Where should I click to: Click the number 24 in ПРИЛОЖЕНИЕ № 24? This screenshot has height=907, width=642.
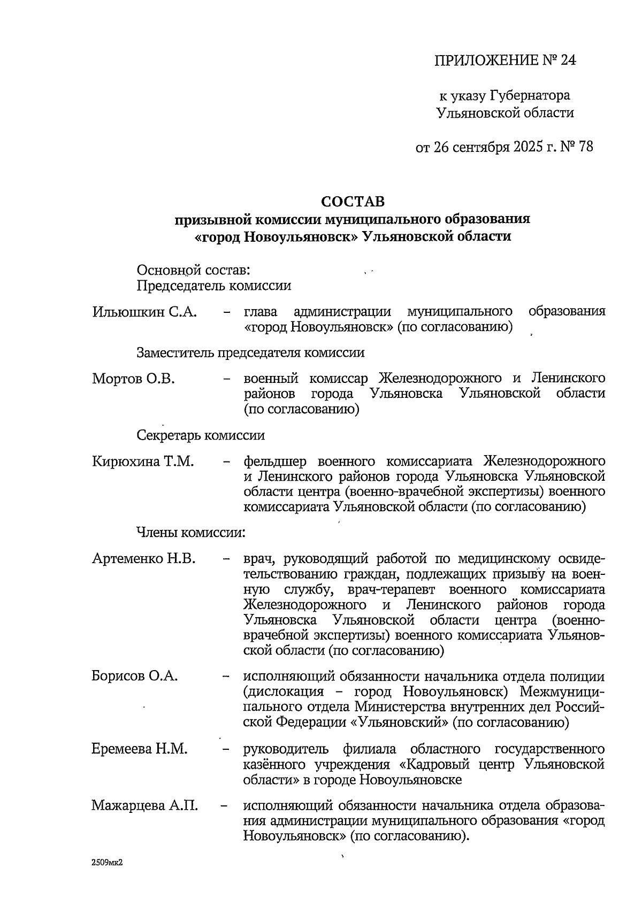567,60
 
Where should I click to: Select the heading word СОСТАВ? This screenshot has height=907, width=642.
353,202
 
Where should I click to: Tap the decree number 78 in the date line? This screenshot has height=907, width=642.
585,147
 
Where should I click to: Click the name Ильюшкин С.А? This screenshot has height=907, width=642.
145,312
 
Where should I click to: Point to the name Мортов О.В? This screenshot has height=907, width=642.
134,379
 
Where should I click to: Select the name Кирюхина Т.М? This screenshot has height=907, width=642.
143,461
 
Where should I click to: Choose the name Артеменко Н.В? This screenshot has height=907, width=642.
144,559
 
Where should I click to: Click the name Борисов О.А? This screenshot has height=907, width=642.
135,676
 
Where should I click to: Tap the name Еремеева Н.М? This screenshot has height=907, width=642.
140,749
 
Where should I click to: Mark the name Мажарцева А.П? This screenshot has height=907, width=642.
144,805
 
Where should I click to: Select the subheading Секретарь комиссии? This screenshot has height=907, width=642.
201,435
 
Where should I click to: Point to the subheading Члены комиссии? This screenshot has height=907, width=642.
191,533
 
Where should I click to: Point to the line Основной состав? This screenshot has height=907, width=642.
194,270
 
